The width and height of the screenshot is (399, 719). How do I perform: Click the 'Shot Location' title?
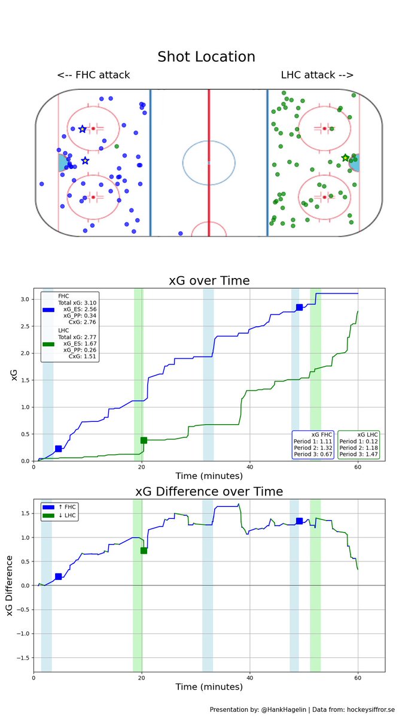coord(206,57)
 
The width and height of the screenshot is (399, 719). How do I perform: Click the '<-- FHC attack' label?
coord(93,75)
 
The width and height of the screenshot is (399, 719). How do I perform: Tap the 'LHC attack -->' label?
coord(317,75)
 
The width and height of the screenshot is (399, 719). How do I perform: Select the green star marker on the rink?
coord(345,158)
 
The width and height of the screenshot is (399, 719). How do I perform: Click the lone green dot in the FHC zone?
coord(117,146)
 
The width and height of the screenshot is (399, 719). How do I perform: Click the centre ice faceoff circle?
coord(208,162)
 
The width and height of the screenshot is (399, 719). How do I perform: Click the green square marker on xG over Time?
coord(144,440)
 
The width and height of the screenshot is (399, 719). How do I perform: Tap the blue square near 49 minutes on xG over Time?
coord(299,307)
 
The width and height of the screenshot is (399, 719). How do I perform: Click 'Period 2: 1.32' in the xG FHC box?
coord(313,448)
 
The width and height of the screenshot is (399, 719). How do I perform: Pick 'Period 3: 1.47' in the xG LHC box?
coord(359,455)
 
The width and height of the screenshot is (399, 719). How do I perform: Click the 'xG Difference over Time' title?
coord(209,491)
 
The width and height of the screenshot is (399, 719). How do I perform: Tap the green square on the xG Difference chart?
coord(144,551)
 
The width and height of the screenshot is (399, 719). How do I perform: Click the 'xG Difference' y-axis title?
coord(9,585)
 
